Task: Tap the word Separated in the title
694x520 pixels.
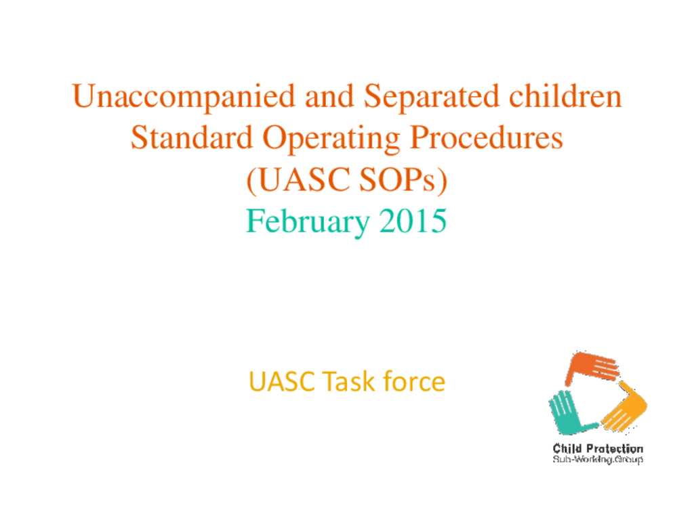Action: coord(431,96)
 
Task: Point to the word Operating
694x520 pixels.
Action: coord(331,139)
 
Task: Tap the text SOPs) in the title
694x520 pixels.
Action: coord(403,179)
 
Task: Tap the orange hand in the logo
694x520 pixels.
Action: coord(591,367)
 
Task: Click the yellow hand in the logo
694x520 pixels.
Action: coord(624,408)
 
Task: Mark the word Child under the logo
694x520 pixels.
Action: coord(567,448)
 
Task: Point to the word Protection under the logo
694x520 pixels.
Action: coord(614,448)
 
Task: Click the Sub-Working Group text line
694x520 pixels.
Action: coord(598,460)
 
